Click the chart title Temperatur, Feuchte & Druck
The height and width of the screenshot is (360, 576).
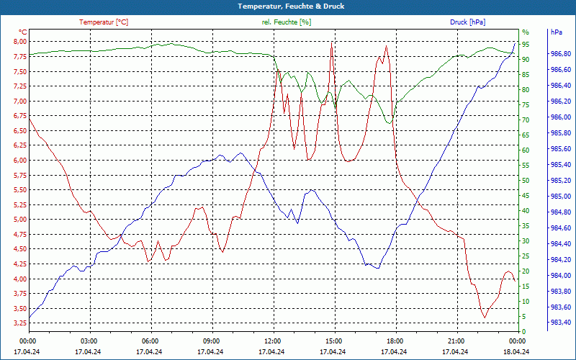[x=288, y=6]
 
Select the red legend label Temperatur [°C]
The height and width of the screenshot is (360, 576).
[x=104, y=22]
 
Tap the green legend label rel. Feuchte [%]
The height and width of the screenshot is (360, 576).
[x=287, y=22]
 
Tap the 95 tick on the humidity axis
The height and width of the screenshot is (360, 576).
[x=526, y=44]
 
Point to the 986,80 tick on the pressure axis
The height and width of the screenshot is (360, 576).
[x=562, y=53]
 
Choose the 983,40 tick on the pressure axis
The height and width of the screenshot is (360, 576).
[x=562, y=322]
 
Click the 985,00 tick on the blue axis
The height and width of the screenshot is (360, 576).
[x=562, y=196]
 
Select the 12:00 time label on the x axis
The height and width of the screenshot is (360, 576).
[x=273, y=341]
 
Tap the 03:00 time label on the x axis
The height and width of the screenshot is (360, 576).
[x=89, y=341]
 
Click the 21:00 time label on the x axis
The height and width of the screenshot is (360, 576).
[x=456, y=341]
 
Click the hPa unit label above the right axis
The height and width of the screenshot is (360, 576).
[x=557, y=32]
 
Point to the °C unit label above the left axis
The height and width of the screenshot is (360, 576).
[x=23, y=32]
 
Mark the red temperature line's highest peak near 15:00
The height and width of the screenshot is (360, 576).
[x=331, y=42]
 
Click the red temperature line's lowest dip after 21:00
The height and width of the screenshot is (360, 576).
[x=485, y=317]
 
